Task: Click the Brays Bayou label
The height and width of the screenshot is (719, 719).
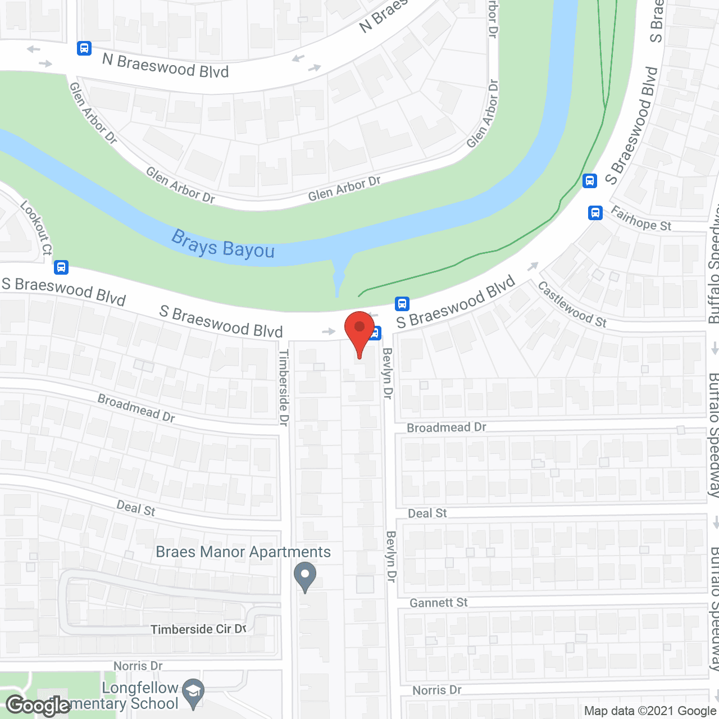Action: click(223, 244)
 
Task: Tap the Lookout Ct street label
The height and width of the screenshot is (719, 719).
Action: click(37, 227)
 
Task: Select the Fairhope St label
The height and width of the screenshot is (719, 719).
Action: click(641, 219)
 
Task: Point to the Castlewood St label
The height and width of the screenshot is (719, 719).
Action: click(572, 304)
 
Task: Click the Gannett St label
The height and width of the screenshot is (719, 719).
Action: click(438, 603)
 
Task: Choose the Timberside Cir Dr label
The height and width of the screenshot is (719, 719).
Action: click(198, 629)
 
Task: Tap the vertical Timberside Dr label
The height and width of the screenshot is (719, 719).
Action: click(284, 387)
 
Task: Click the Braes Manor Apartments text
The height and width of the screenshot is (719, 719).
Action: click(243, 552)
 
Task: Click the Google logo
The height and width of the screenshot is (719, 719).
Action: click(38, 706)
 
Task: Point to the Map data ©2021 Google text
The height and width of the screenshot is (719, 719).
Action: click(650, 711)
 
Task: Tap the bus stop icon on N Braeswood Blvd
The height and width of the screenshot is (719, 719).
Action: click(84, 48)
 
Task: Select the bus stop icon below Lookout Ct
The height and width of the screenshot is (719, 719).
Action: click(61, 267)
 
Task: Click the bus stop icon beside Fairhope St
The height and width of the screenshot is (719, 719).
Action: click(595, 213)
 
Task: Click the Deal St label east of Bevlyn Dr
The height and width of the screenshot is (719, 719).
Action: click(427, 513)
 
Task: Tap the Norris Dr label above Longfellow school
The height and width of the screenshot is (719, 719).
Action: click(138, 666)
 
